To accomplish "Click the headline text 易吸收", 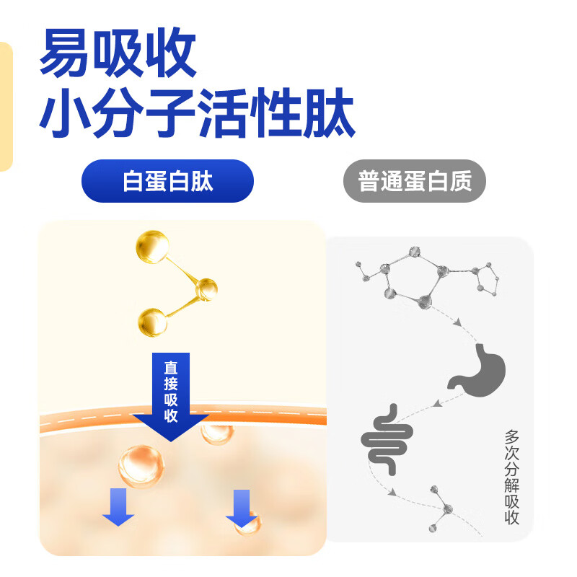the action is coord(118,52).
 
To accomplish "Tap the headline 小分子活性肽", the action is coord(197,113).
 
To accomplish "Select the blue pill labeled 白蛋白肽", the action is coord(167,181).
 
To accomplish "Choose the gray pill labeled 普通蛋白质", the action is coord(415,181).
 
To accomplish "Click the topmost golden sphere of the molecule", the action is coord(152,247).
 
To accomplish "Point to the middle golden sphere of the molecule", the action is coord(206,290).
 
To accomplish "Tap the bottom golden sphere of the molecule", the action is coord(152,322).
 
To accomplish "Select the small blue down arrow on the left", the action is coord(118,507).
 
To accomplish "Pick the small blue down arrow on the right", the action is coord(242,508).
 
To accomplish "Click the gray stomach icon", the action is coord(477,370).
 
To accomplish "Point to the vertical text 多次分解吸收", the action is coord(511,477).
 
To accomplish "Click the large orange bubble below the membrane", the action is coord(141,466).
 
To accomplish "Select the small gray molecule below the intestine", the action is coord(442,509).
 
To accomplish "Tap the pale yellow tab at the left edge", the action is coord(6,107).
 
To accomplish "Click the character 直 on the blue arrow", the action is coord(171,367).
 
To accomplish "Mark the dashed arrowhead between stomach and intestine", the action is coord(437,404).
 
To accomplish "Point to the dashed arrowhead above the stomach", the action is coord(458,322).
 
